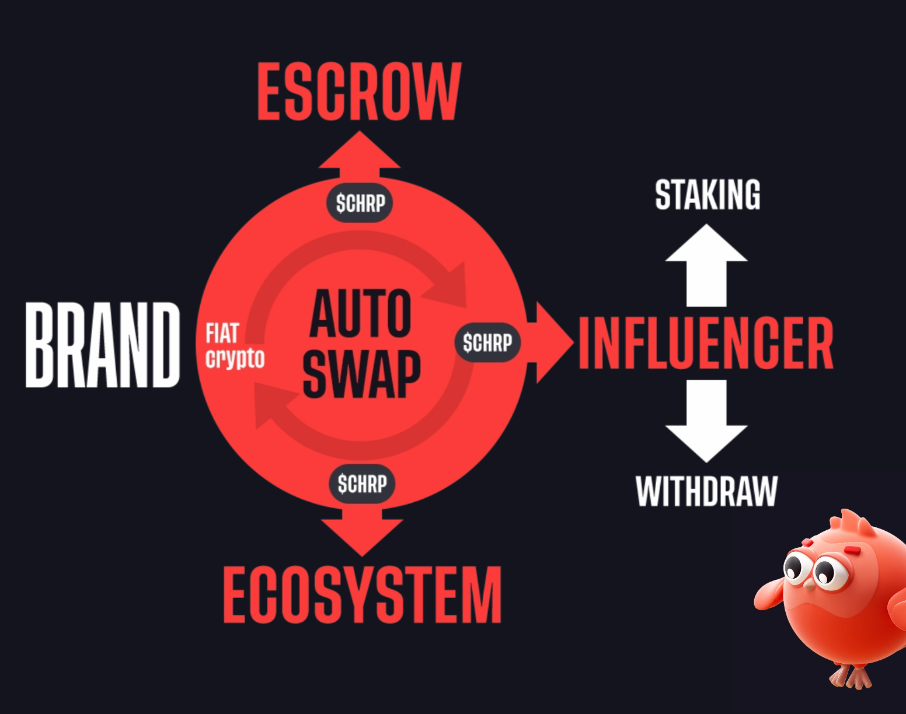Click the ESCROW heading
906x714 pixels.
coord(360,92)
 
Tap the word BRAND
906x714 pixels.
coord(103,345)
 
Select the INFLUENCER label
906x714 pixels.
coord(706,343)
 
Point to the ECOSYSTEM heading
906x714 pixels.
coord(363,594)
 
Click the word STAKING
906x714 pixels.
coord(708,194)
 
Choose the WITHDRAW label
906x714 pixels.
coord(707,491)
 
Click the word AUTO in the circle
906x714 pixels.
coord(360,313)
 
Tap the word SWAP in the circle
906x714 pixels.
coord(362,374)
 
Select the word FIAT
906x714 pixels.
coord(222,333)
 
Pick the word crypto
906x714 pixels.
coord(235,358)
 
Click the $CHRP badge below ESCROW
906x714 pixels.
coord(360,203)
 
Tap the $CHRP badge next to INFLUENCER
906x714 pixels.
coord(487,342)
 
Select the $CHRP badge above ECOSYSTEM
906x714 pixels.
coord(362,484)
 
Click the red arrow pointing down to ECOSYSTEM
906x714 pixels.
coord(362,531)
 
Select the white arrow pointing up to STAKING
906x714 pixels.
coord(706,265)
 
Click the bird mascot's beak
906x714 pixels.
coord(810,585)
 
